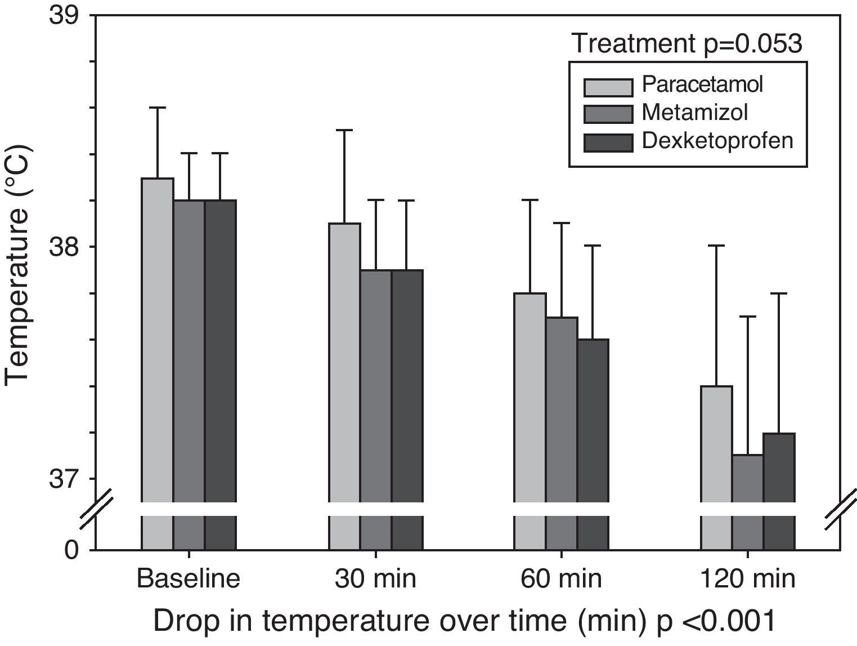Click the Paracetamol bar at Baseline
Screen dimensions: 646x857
[158, 338]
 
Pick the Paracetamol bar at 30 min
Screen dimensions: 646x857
[345, 360]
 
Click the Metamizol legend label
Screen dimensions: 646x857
[694, 113]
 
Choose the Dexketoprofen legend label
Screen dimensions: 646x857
[717, 140]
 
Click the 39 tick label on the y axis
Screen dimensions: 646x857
[65, 15]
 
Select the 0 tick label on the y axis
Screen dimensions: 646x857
[71, 550]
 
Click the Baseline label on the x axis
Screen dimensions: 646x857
[189, 579]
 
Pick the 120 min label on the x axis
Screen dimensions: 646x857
[748, 579]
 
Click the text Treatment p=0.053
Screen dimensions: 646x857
[687, 43]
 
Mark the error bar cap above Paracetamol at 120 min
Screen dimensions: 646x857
[716, 246]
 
